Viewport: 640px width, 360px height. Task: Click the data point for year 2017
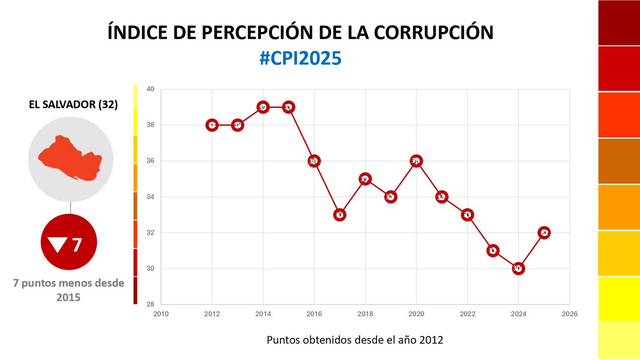(340, 215)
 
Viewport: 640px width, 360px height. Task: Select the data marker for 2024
(518, 268)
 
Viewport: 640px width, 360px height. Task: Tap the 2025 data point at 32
(544, 233)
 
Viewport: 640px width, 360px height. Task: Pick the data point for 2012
(212, 125)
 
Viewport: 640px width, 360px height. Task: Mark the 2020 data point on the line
(416, 161)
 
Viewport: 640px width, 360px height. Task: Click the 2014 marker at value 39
(263, 107)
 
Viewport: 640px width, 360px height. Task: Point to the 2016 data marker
(314, 161)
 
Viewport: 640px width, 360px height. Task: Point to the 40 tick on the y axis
(150, 89)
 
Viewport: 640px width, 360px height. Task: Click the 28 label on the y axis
(150, 304)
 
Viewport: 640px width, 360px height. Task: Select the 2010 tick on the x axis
(161, 314)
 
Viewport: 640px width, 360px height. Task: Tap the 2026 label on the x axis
(570, 314)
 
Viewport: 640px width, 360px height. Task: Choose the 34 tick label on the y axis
(150, 197)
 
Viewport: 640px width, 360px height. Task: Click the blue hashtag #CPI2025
(300, 59)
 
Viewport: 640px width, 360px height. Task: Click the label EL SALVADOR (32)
(73, 104)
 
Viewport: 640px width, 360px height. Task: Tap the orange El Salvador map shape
(69, 158)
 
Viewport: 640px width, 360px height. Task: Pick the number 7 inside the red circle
(77, 245)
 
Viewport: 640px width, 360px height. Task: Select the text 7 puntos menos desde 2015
(68, 290)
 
